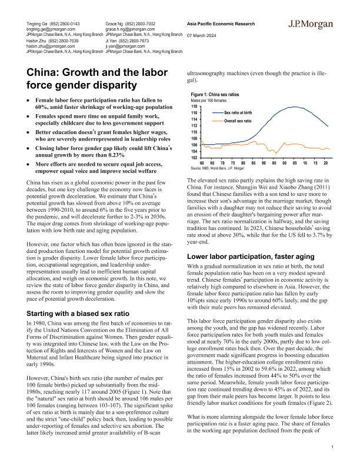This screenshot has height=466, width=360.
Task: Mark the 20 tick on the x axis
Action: tap(325, 163)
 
